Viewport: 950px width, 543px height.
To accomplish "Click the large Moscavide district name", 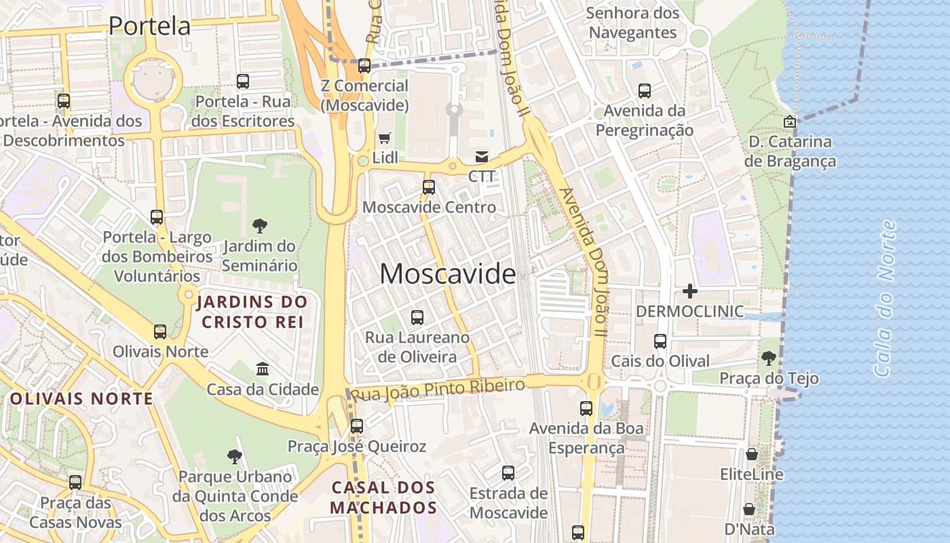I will coord(447,274).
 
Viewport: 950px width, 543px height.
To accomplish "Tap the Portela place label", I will coord(149,26).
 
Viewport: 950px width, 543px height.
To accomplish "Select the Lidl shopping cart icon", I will coord(384,138).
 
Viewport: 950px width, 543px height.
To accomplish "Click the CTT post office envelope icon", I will coord(482,157).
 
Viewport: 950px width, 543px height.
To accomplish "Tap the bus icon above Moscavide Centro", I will coord(429,187).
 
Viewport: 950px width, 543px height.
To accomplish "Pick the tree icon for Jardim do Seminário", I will coord(259,225).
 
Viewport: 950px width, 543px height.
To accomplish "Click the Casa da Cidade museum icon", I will coord(263,369).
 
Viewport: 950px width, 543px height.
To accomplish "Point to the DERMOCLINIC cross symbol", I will coord(689,292).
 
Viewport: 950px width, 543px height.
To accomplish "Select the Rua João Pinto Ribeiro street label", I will coord(438,390).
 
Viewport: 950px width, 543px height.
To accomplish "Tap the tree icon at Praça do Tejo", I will coord(768,358).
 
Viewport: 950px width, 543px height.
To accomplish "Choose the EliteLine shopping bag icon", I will coord(751,454).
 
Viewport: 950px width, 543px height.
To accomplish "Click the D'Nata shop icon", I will coord(749,508).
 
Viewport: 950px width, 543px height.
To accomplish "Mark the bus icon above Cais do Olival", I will coord(660,341).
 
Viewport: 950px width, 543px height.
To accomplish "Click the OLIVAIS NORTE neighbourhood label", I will coord(81,398).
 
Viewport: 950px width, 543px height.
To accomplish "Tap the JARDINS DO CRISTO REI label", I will coord(252,312).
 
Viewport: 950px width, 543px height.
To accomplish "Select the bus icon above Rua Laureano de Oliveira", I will coord(417,317).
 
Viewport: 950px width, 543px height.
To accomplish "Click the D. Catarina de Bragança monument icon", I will coord(790,122).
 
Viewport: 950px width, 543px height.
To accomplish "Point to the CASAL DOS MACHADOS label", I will coord(383,498).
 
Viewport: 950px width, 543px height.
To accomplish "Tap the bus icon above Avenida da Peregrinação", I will coord(645,90).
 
